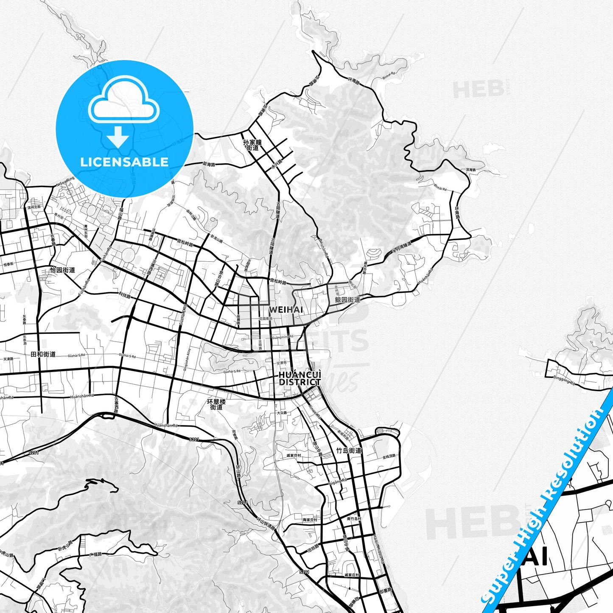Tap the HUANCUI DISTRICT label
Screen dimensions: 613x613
pos(300,378)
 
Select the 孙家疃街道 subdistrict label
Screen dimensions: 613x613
pos(252,145)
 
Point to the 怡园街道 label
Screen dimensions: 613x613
pos(62,270)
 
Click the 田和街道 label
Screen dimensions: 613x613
pos(43,354)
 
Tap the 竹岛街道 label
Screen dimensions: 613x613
pos(349,451)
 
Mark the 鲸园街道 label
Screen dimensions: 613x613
pos(347,300)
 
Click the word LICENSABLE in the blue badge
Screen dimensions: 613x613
pos(124,162)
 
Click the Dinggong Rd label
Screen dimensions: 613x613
pos(564,380)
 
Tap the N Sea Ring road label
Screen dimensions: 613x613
pos(65,182)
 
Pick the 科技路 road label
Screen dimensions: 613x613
pos(124,295)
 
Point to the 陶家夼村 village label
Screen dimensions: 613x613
pos(310,519)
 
